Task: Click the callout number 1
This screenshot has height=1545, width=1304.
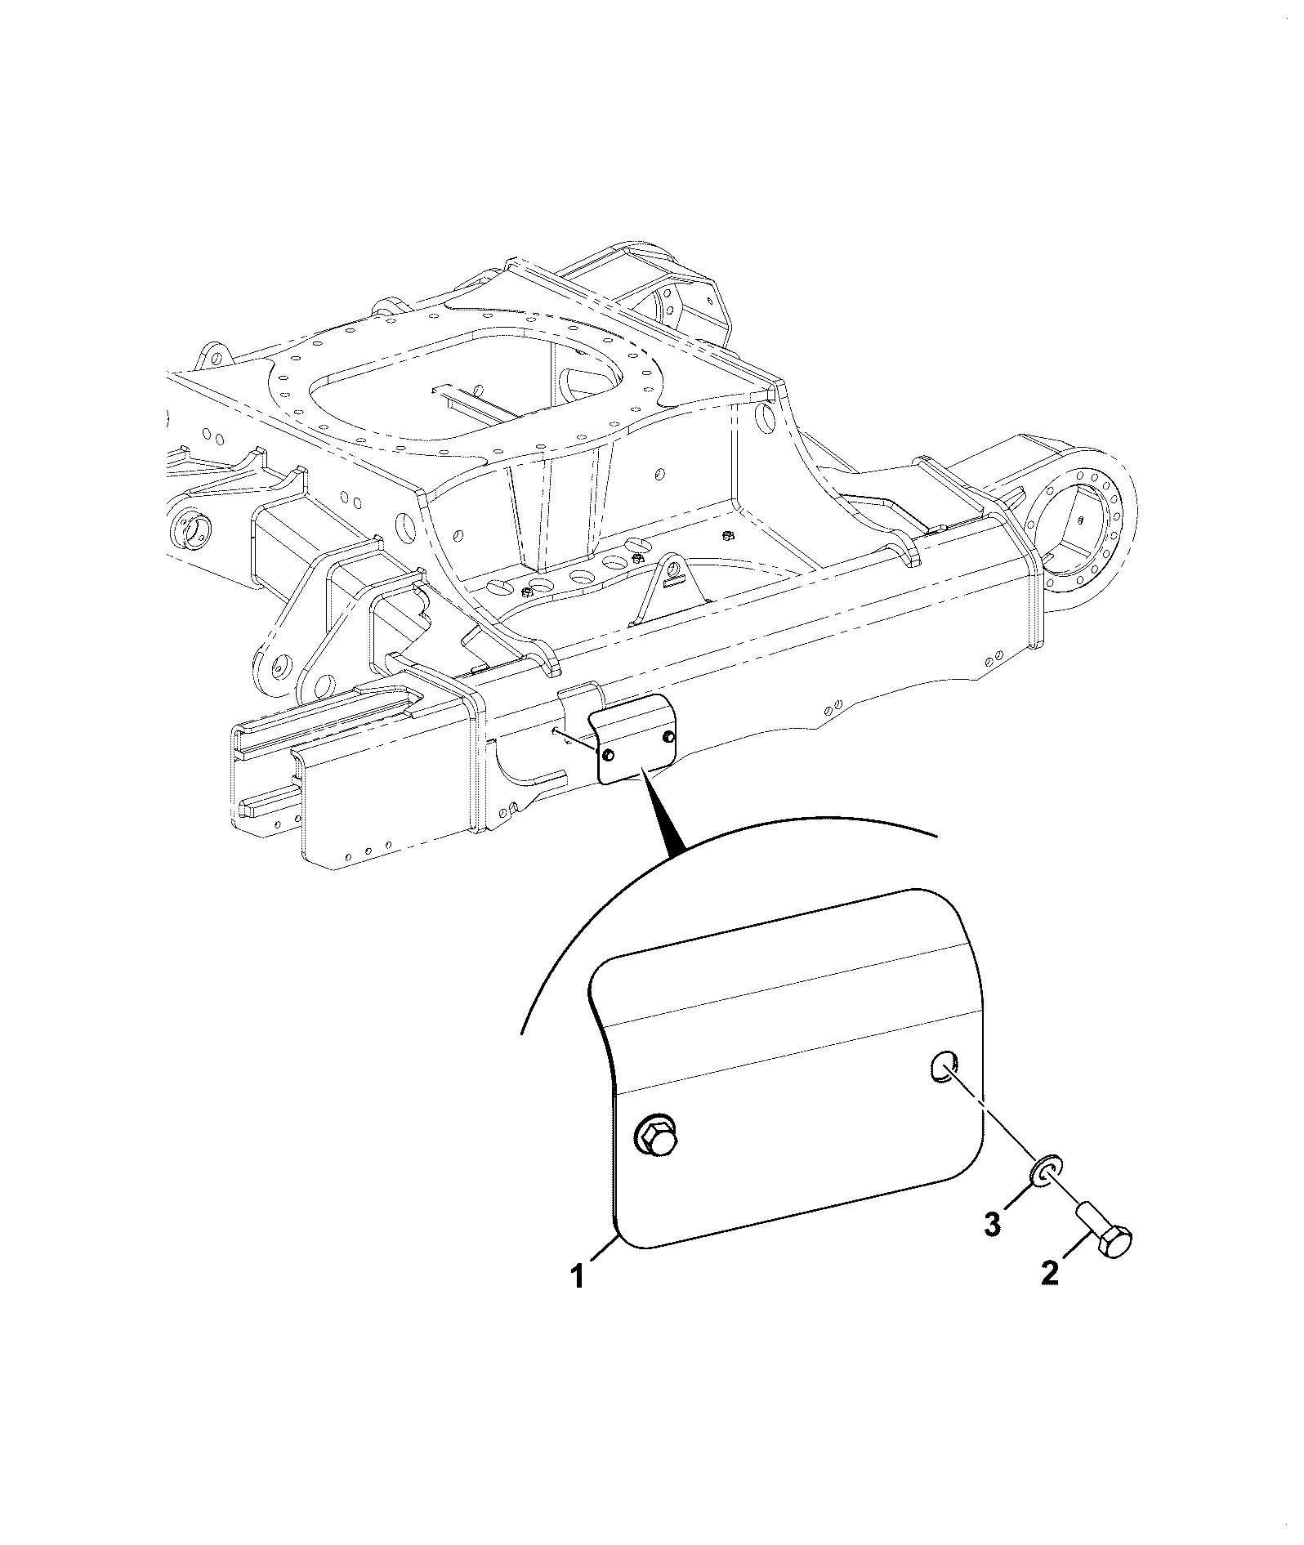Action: click(x=578, y=1299)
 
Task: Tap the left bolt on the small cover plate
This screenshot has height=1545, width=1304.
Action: click(x=610, y=755)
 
